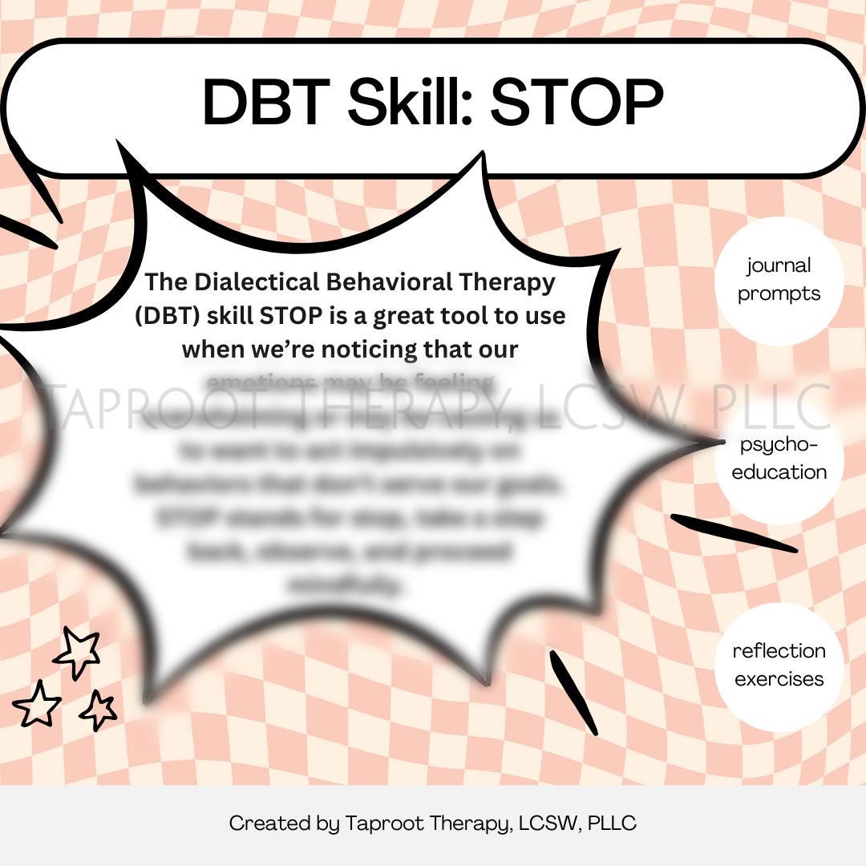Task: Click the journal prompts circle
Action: (779, 280)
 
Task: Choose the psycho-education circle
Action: (779, 459)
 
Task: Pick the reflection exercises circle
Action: (779, 666)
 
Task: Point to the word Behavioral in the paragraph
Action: (383, 282)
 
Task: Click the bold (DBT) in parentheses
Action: (168, 316)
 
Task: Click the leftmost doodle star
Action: (37, 705)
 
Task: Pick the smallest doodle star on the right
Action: (99, 710)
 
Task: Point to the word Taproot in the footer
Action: (376, 824)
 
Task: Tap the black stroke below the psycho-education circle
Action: (733, 533)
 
